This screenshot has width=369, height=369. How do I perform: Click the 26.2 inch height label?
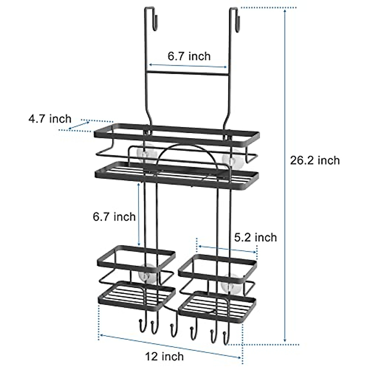[x=315, y=160]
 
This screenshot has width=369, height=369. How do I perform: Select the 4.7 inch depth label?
[x=50, y=119]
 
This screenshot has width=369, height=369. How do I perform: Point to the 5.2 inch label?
[x=256, y=237]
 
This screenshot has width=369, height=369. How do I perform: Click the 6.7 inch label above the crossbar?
[x=189, y=56]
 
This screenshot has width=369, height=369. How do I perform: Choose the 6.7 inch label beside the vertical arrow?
[x=114, y=216]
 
